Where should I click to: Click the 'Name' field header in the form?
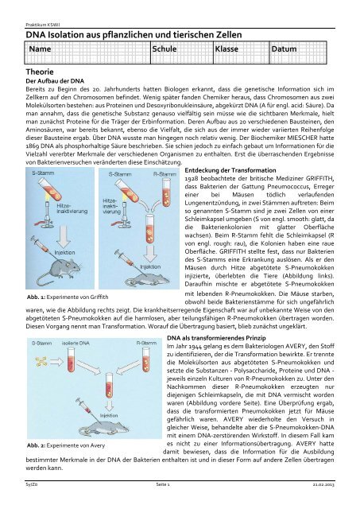point(40,49)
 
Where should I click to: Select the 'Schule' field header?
point(165,49)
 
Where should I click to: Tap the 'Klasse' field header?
point(226,49)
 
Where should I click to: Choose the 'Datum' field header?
point(285,49)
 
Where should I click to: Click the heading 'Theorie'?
point(40,72)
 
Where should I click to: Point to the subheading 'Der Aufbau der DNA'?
point(55,81)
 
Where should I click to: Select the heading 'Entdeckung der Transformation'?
point(230,170)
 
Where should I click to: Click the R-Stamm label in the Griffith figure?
point(165,174)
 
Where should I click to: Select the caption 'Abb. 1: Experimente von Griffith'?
point(68,297)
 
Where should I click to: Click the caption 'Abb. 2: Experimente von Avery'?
point(66,445)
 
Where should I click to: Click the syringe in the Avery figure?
point(84,405)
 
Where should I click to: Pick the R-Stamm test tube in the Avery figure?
point(147,359)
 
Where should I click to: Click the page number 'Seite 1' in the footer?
point(162,484)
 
